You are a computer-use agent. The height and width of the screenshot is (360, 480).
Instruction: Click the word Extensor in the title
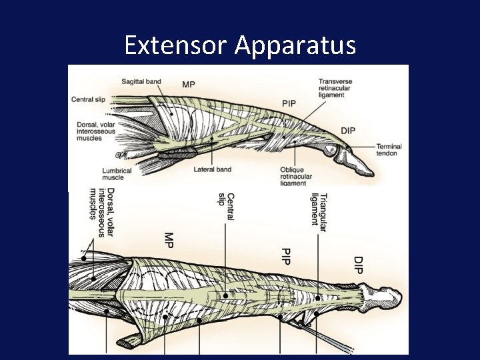(175, 45)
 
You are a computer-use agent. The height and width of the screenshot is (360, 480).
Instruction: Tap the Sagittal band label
(141, 82)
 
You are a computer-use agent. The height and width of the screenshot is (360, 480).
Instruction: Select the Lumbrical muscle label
(116, 174)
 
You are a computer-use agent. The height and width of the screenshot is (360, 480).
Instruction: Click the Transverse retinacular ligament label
(335, 89)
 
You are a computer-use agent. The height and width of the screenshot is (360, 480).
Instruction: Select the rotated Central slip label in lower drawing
(226, 206)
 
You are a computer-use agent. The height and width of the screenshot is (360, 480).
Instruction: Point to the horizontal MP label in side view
(189, 84)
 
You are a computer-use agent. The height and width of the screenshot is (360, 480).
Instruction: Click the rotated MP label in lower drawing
(169, 241)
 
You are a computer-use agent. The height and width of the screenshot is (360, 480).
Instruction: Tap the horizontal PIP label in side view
(289, 103)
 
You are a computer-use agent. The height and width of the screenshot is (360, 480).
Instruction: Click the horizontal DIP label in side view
(347, 129)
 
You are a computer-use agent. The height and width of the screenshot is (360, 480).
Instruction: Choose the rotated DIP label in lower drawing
(358, 264)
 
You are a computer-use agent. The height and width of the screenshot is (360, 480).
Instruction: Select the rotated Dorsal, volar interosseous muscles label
(102, 212)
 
